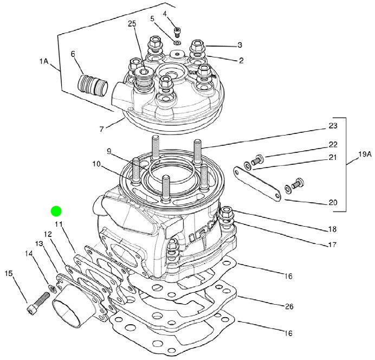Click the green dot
pos(56,211)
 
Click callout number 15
pos(9,273)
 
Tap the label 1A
pos(44,62)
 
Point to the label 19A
pos(365,155)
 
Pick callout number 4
pos(165,13)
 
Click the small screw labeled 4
pos(177,30)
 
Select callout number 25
pos(132,24)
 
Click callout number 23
pos(332,126)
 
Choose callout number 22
pos(333,145)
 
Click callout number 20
pos(333,203)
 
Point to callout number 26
pos(289,306)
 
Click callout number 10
pos(96,164)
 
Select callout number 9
pos(109,152)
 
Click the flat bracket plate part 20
pos(259,181)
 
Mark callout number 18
pos(333,229)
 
